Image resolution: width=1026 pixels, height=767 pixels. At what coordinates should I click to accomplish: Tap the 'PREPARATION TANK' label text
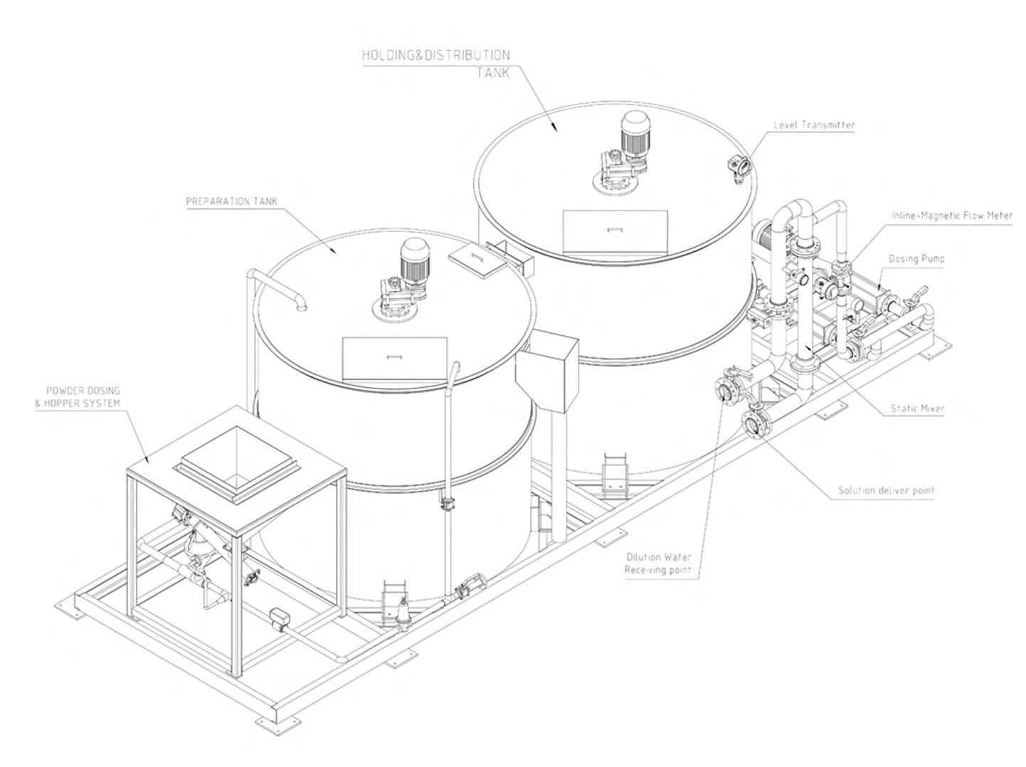tap(228, 201)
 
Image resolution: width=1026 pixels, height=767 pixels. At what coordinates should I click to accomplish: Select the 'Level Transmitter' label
tap(814, 125)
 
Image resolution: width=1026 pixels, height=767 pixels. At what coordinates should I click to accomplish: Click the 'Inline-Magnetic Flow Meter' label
tap(951, 215)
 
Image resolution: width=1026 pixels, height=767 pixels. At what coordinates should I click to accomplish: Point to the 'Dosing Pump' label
tap(916, 259)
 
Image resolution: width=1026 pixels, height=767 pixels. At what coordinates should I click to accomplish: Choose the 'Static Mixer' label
tap(917, 409)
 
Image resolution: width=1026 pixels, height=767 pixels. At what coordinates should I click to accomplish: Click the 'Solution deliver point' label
tap(886, 490)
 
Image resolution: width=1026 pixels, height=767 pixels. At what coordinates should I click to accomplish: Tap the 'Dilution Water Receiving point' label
tap(658, 564)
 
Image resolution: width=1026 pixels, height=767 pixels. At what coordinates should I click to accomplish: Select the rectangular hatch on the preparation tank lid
tap(394, 358)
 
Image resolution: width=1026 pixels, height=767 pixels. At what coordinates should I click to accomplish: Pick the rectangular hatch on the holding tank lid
tap(615, 231)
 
